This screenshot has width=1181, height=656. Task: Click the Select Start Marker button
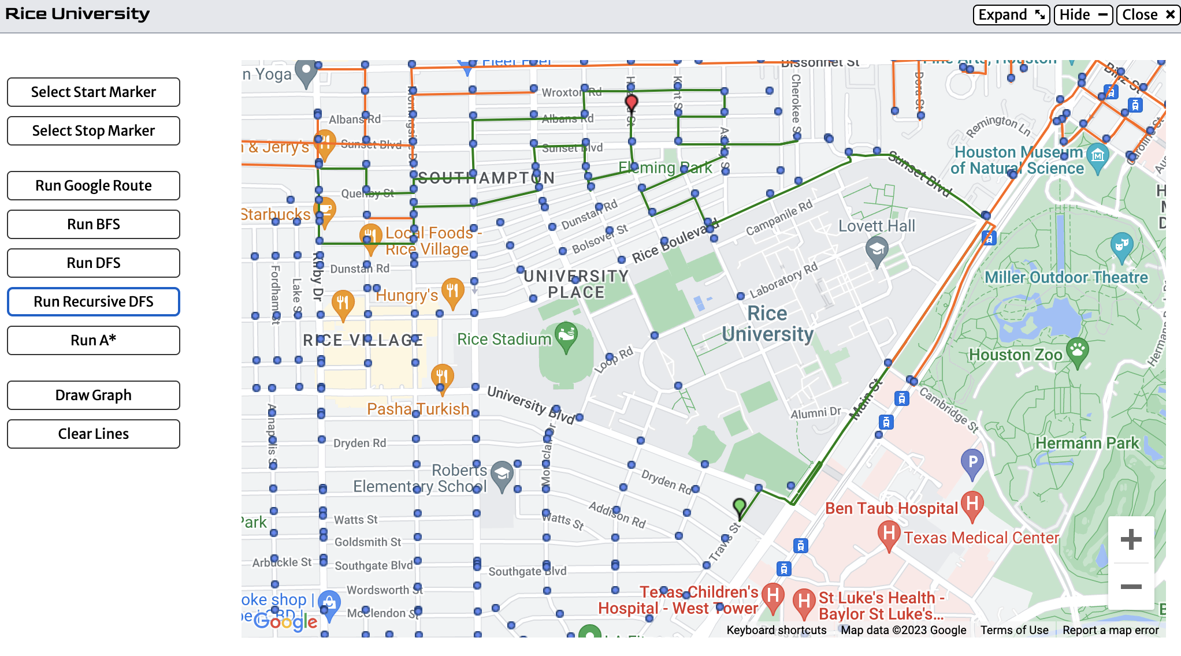click(x=94, y=92)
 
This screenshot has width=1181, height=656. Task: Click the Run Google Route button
click(x=94, y=186)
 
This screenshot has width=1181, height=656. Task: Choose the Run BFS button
click(x=94, y=225)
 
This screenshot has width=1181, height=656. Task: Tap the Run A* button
click(x=94, y=341)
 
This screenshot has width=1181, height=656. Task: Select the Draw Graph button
click(x=94, y=396)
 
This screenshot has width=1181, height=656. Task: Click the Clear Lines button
click(x=94, y=434)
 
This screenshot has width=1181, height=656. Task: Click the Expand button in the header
click(x=1011, y=14)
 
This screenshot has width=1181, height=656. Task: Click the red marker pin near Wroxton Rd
click(x=632, y=103)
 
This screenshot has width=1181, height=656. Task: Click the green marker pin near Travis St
click(x=740, y=507)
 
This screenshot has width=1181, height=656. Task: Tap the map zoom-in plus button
click(x=1131, y=539)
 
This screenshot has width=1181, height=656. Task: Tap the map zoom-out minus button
click(x=1131, y=587)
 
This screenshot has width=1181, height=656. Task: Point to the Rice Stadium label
click(x=504, y=340)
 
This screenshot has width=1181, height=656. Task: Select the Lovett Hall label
click(x=877, y=226)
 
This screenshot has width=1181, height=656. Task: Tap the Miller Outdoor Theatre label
click(x=1066, y=278)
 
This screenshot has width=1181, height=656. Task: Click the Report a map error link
click(x=1111, y=630)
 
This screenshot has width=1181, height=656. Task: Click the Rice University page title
click(x=77, y=14)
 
